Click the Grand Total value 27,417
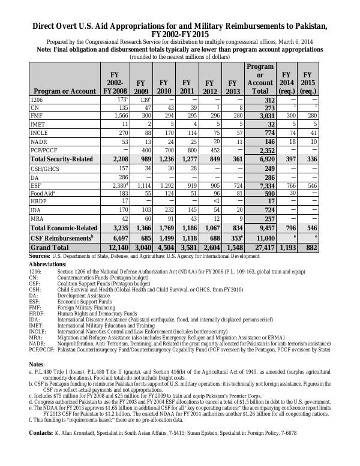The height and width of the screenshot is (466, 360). coord(261,264)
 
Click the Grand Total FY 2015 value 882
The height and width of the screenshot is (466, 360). coord(307,264)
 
